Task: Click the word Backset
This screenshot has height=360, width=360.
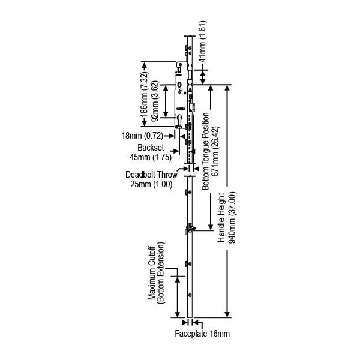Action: point(151,148)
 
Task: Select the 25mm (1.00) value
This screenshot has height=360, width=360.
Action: point(151,184)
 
